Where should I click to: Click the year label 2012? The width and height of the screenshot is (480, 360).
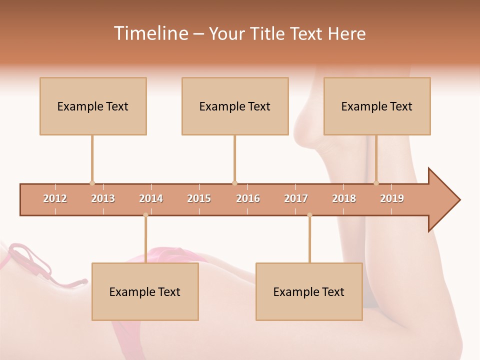55,198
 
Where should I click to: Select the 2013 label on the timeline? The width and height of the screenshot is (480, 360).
103,198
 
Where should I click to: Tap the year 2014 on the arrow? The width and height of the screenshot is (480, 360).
151,198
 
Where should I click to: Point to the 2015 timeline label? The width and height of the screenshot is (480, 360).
199,198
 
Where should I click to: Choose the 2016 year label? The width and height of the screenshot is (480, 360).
248,198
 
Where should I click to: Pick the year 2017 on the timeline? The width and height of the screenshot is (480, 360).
296,198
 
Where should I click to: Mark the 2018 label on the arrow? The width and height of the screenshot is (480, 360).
344,198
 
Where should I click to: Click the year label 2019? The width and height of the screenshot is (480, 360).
392,198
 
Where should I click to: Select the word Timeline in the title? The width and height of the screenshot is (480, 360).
150,33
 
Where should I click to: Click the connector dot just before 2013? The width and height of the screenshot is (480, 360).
92,183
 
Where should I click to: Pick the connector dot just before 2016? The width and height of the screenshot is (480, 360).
234,183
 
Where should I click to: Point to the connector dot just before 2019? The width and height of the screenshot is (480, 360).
376,183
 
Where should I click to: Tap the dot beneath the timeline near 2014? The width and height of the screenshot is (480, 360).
145,215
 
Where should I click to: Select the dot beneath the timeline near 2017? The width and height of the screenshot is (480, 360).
309,215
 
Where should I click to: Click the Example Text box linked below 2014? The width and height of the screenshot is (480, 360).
145,291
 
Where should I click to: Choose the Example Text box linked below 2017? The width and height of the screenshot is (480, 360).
309,291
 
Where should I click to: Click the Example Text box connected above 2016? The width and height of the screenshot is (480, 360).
235,106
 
